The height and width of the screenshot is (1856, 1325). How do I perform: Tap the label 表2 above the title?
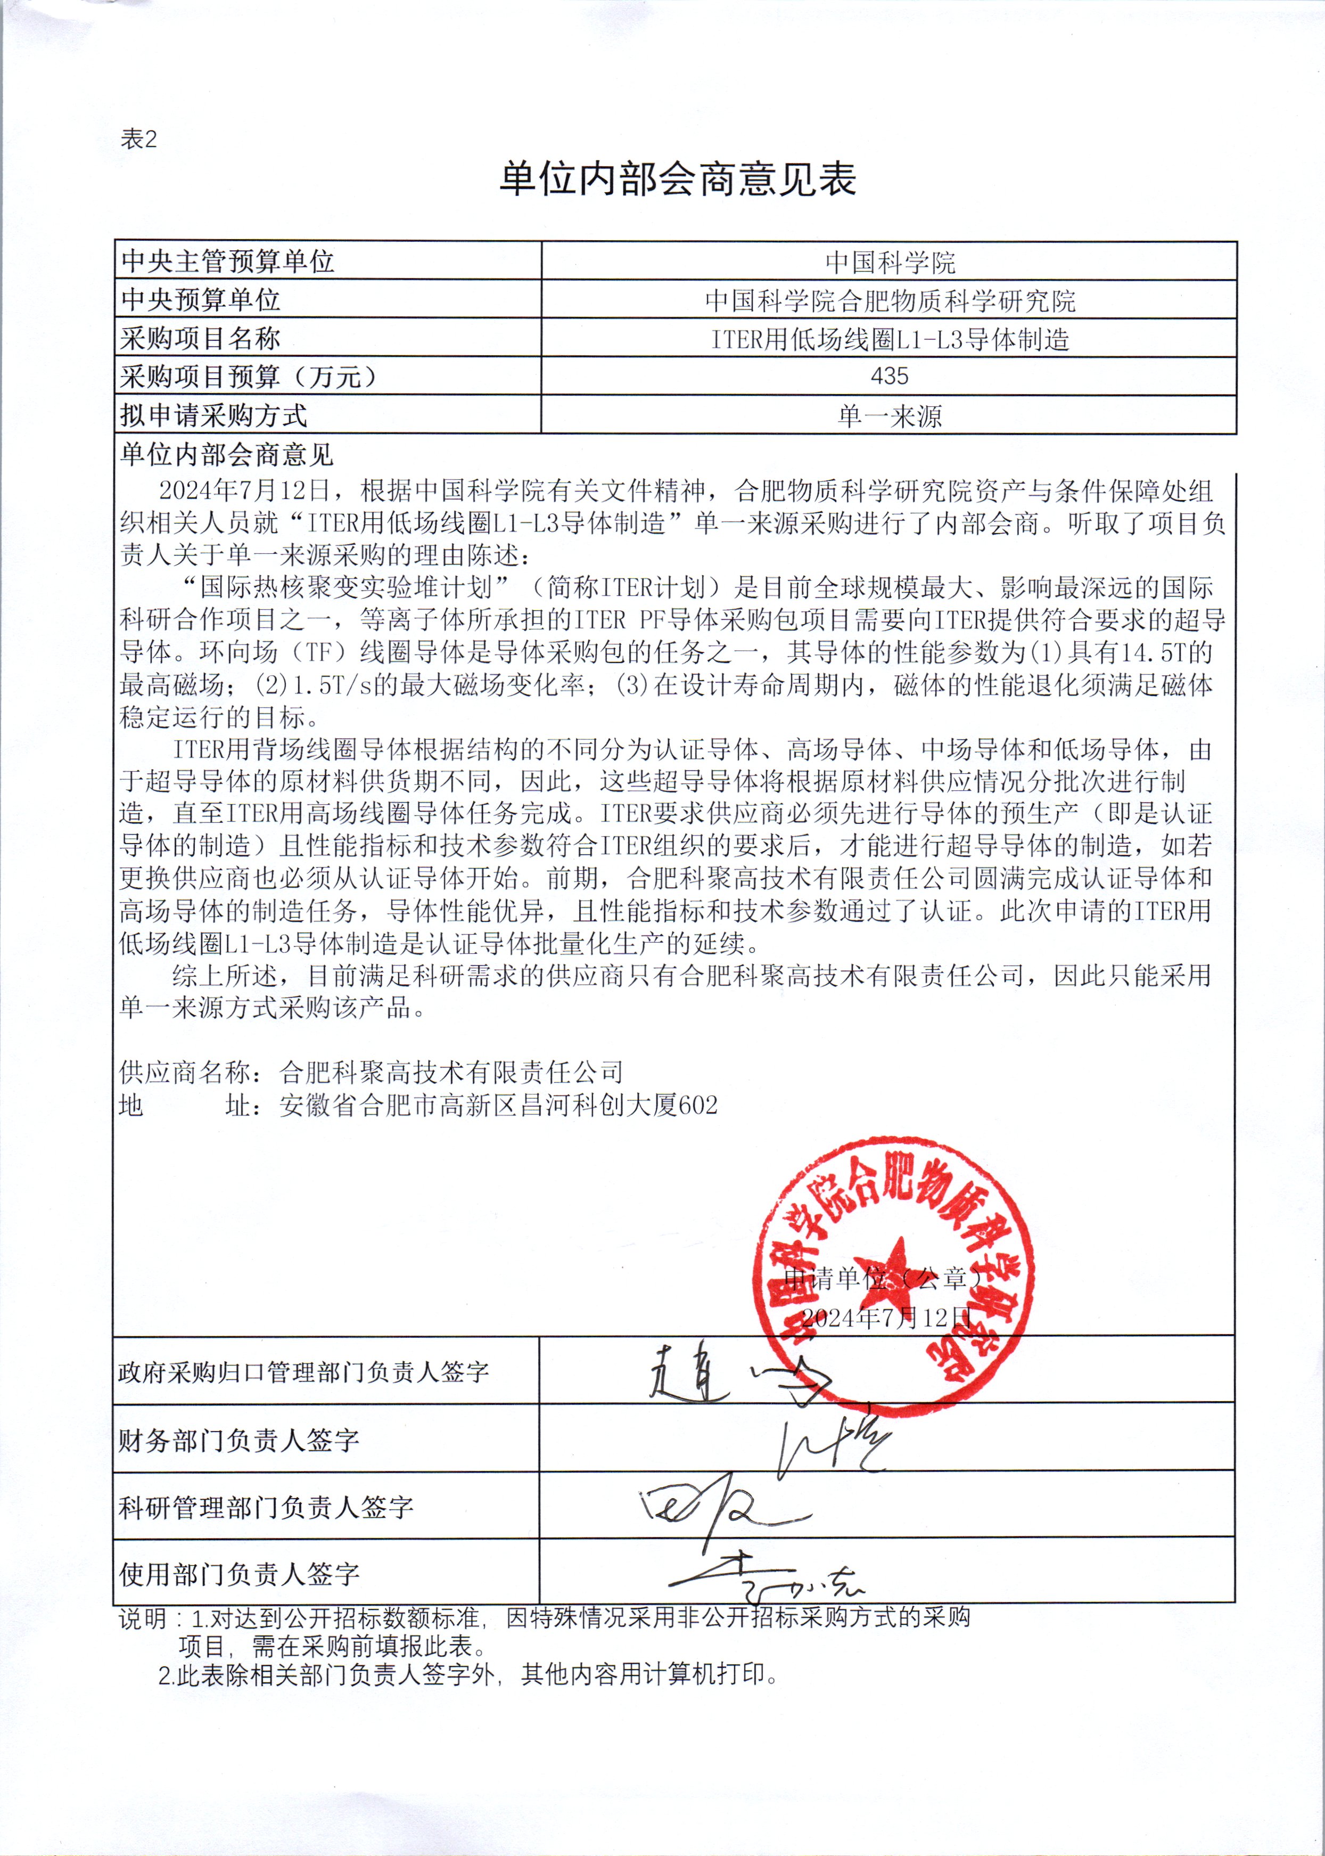tap(139, 140)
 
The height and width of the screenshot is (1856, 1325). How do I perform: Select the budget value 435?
tap(890, 377)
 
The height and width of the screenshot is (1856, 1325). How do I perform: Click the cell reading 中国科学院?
tap(890, 262)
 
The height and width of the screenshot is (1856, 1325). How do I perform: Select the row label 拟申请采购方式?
tap(214, 415)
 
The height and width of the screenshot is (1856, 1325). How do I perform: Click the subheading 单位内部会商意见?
tap(227, 455)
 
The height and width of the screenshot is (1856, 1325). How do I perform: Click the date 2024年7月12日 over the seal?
tap(886, 1318)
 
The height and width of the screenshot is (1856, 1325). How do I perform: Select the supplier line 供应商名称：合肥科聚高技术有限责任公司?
tap(371, 1072)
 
